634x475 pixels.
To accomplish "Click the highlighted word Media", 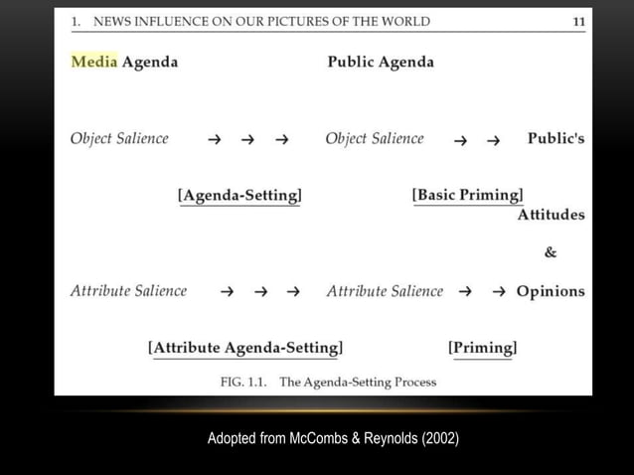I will [94, 62].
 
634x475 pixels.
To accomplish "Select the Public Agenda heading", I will [381, 62].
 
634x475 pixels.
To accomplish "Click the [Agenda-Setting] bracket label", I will [239, 195].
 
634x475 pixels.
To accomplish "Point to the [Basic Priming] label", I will [467, 195].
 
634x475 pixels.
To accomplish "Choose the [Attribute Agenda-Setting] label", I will [245, 348].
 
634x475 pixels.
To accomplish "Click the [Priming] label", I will [482, 348].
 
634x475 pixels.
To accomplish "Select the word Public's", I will [555, 139].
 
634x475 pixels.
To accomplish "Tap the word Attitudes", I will [551, 215].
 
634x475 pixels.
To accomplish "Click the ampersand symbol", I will [551, 252].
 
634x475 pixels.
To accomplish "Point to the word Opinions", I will [551, 291].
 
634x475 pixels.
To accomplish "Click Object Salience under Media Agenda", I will [119, 139].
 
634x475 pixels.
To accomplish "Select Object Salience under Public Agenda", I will [375, 139].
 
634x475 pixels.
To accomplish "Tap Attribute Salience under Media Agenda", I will [128, 291].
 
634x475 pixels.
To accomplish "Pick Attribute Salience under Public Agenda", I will [385, 291].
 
